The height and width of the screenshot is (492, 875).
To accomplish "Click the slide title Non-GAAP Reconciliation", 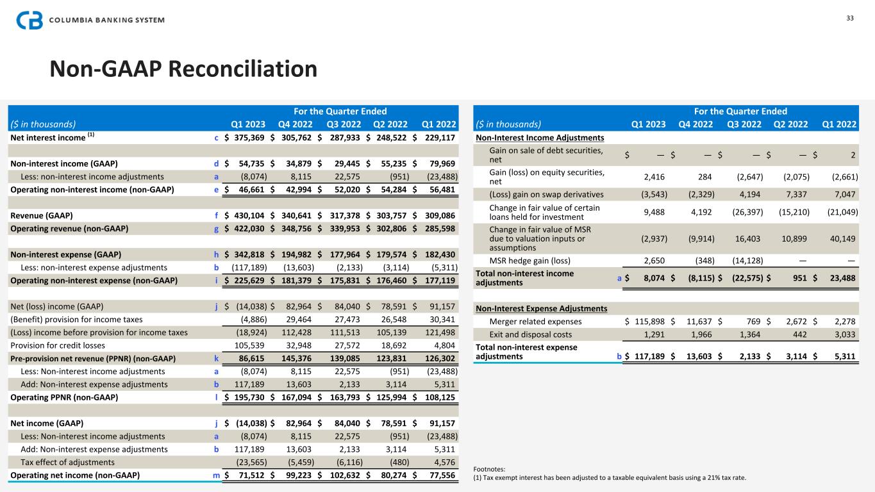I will point(183,69).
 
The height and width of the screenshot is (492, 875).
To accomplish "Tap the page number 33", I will point(850,18).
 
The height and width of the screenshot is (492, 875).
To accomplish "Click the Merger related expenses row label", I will point(535,321).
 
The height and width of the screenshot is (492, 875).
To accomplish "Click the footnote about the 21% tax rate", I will point(610,477).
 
